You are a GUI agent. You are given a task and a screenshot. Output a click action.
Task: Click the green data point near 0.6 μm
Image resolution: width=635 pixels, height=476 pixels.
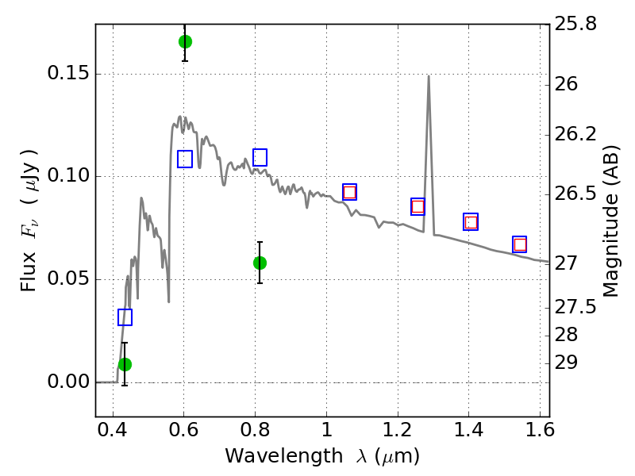click(x=185, y=42)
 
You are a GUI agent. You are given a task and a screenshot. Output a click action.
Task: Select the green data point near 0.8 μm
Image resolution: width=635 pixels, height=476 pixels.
click(x=260, y=263)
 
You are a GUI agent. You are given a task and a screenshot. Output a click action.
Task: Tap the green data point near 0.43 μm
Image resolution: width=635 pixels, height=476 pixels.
click(x=125, y=365)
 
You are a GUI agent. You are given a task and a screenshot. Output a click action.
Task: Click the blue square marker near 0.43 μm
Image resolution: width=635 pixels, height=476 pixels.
click(x=125, y=317)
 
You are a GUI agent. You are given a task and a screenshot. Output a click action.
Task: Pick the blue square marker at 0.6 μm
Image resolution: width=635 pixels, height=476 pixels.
click(x=185, y=159)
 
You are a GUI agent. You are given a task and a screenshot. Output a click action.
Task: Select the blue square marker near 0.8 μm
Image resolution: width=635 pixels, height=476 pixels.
click(x=260, y=157)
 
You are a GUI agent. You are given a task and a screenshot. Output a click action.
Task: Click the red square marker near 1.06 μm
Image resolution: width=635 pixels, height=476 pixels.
click(x=349, y=192)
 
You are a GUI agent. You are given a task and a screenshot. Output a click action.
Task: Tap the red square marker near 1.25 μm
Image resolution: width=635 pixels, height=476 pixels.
click(x=418, y=207)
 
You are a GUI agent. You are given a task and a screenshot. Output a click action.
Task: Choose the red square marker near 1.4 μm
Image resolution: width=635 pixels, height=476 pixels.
click(x=471, y=222)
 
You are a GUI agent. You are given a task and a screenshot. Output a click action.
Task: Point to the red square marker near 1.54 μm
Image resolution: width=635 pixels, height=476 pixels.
click(x=520, y=244)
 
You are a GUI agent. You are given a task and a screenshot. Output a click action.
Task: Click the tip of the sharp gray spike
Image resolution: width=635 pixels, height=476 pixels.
click(x=429, y=75)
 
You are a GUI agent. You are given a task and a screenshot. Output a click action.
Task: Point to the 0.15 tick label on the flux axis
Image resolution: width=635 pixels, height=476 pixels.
click(x=68, y=73)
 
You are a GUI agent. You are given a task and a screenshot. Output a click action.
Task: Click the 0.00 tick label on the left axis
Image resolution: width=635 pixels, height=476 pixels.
click(x=68, y=382)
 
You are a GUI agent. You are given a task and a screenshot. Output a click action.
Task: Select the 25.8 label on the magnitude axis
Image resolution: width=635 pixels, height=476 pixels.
click(x=575, y=24)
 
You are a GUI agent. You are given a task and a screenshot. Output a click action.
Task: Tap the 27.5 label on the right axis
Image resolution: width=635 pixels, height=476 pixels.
click(x=575, y=307)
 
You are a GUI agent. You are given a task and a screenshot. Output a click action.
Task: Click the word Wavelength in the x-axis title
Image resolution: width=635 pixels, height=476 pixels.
click(x=284, y=455)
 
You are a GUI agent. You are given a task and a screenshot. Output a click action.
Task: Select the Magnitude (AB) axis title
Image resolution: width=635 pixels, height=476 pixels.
click(x=610, y=221)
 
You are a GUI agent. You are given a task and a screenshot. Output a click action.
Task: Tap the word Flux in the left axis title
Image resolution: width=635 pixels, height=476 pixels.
click(x=29, y=271)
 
